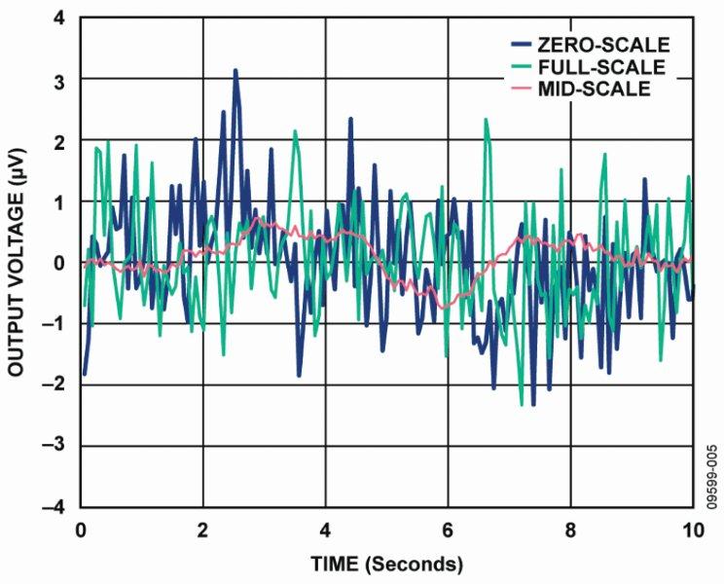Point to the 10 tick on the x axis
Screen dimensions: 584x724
tap(692, 530)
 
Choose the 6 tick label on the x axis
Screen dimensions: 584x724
tap(448, 530)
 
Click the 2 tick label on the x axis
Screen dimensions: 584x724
tap(203, 530)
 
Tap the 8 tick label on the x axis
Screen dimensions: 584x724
tap(570, 530)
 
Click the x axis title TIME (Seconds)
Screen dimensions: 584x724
tap(386, 564)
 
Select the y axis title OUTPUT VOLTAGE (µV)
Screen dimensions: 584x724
tap(17, 263)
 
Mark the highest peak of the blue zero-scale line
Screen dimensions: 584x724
tap(235, 70)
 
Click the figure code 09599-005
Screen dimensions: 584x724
tap(712, 473)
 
